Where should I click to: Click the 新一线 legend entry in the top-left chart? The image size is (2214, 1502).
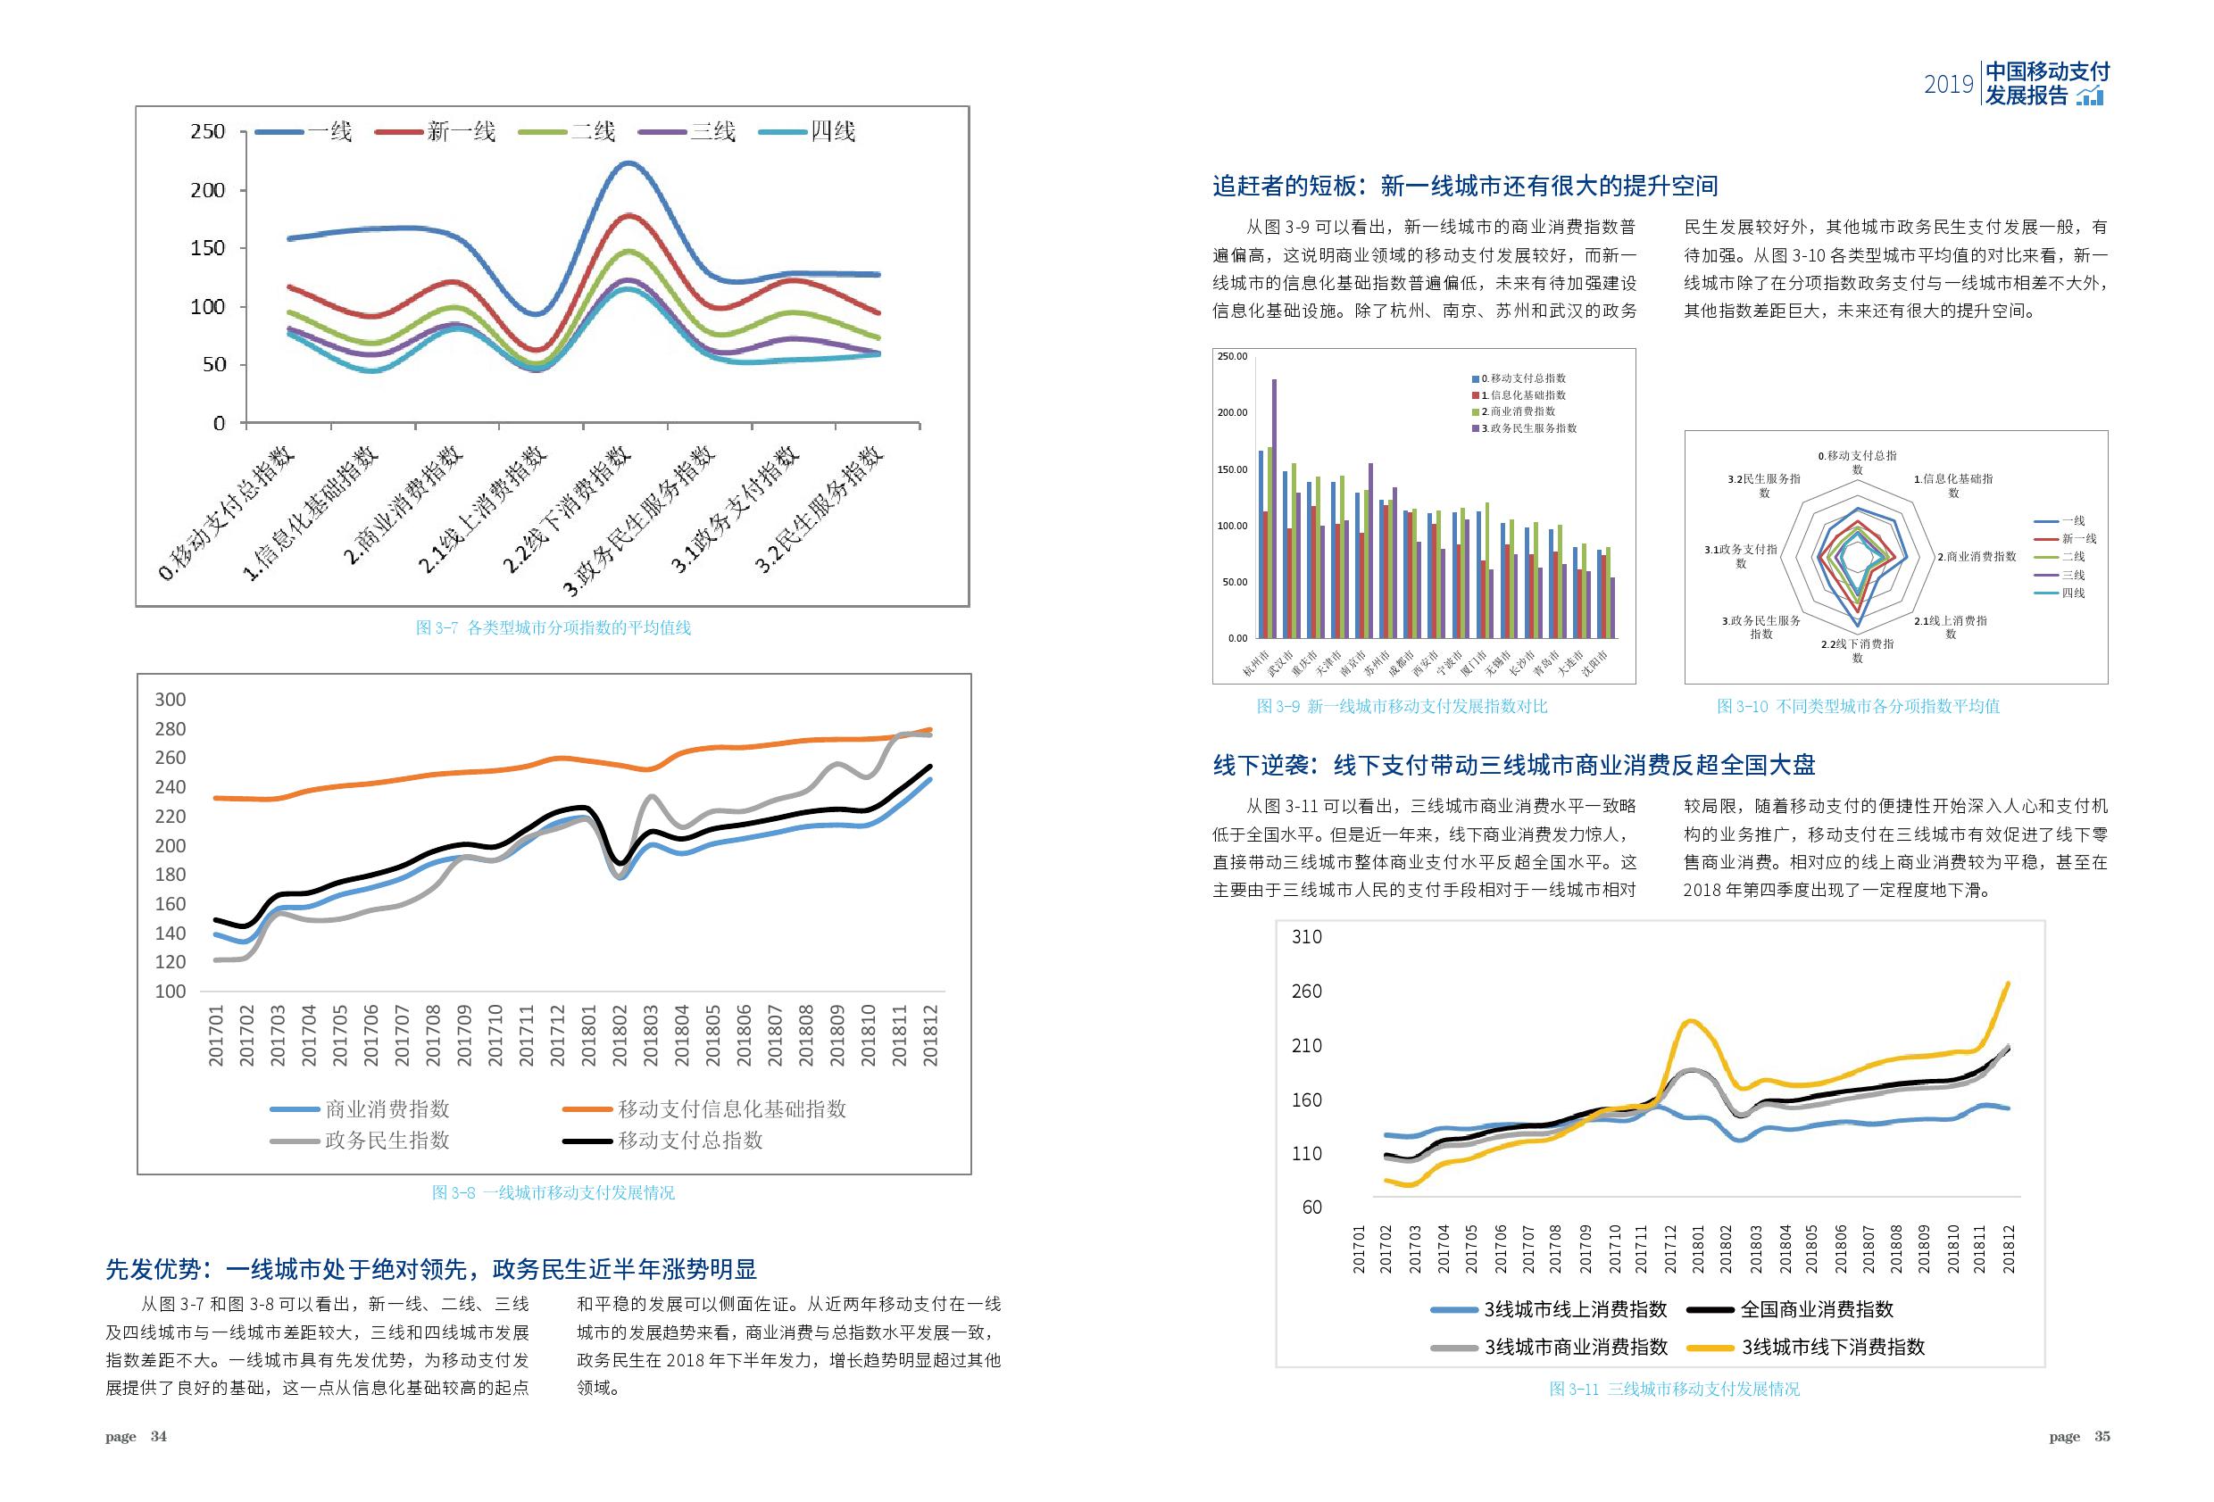pyautogui.click(x=461, y=131)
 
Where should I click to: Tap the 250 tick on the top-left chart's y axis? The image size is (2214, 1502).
pyautogui.click(x=208, y=131)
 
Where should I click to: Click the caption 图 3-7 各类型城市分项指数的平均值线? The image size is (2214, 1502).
pyautogui.click(x=553, y=627)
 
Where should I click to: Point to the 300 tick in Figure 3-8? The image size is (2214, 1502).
pyautogui.click(x=171, y=699)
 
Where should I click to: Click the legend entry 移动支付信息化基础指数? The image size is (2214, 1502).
pyautogui.click(x=732, y=1108)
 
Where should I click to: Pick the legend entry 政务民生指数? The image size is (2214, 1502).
pyautogui.click(x=387, y=1140)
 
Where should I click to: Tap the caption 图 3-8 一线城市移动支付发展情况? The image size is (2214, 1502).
pyautogui.click(x=553, y=1192)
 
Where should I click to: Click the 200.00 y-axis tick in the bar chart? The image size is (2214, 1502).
pyautogui.click(x=1232, y=412)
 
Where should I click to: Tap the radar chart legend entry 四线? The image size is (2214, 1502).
pyautogui.click(x=2072, y=593)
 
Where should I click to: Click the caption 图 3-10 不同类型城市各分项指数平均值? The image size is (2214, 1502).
pyautogui.click(x=1858, y=706)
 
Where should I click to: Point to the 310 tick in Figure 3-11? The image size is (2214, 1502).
pyautogui.click(x=1307, y=937)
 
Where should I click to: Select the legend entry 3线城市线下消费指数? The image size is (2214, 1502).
pyautogui.click(x=1833, y=1347)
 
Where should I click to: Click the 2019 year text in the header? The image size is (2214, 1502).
pyautogui.click(x=1948, y=85)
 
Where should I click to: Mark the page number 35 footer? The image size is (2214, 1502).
pyautogui.click(x=2102, y=1436)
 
